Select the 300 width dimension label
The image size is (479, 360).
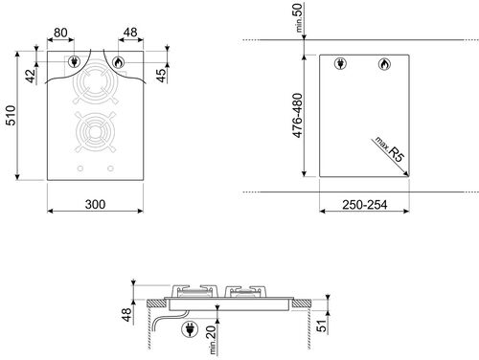[94, 204]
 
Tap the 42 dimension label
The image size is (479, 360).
[30, 74]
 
